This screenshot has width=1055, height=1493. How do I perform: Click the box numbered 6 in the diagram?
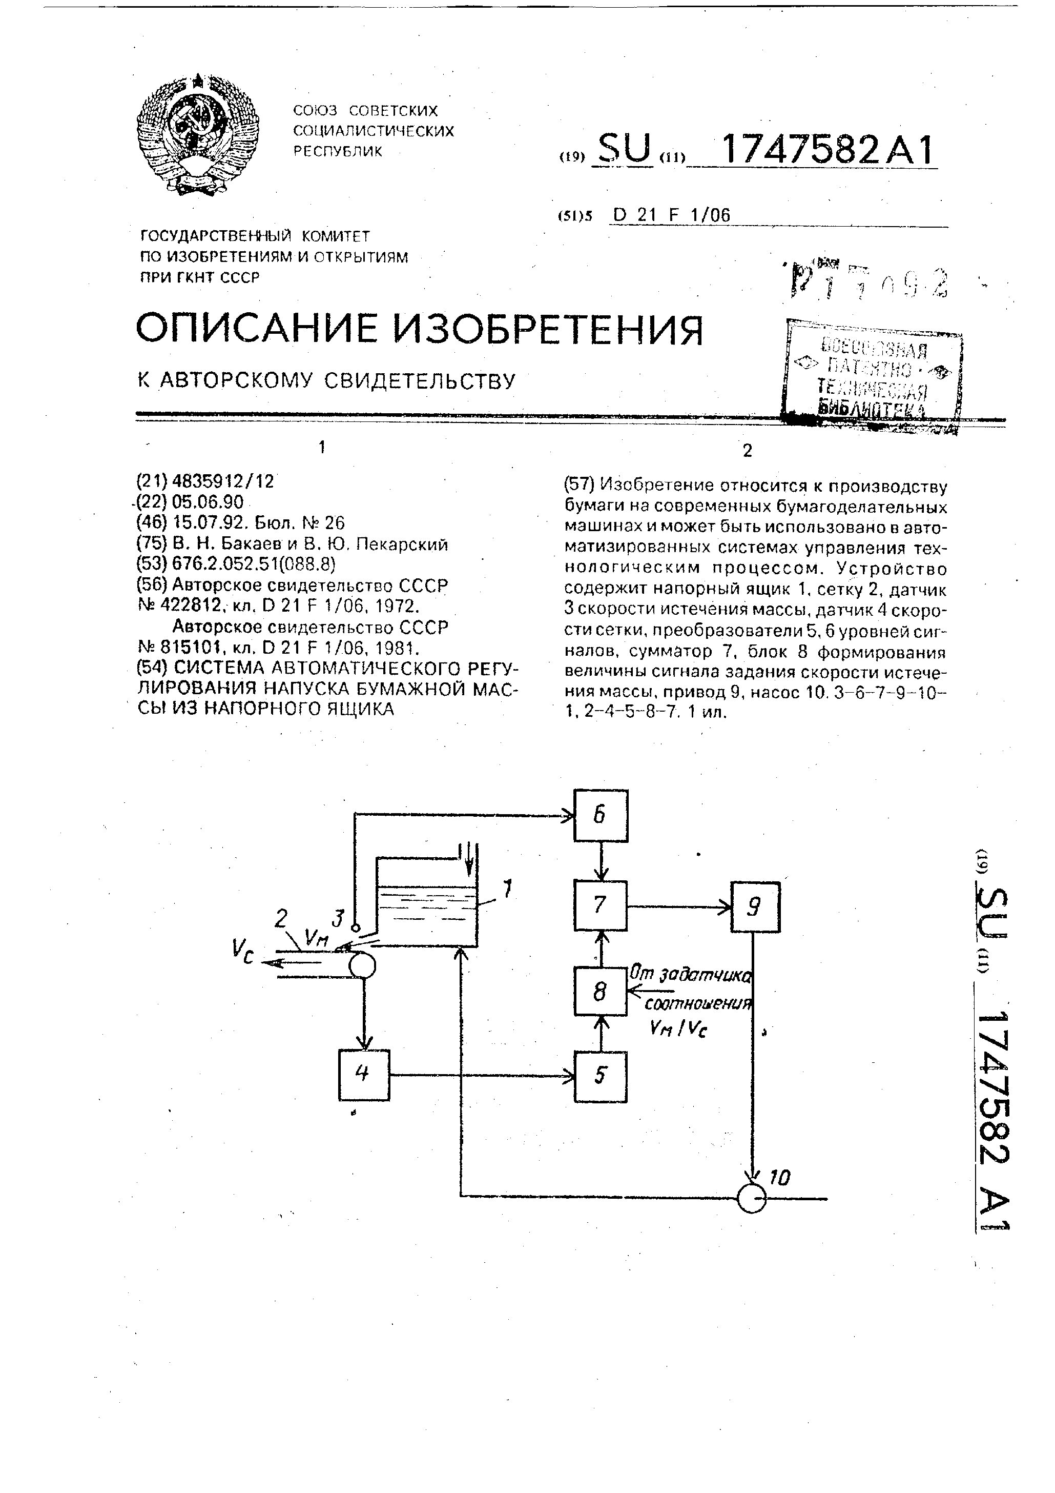[601, 815]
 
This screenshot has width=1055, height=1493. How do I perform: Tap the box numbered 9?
[755, 907]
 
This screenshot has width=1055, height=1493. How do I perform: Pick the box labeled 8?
[601, 991]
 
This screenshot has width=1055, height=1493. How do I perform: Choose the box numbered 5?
[601, 1076]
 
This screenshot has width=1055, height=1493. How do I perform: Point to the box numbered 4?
[364, 1075]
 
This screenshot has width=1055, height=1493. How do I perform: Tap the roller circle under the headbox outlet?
[363, 965]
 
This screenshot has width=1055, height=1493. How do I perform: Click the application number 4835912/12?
[223, 482]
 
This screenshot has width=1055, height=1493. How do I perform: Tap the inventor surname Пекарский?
[403, 544]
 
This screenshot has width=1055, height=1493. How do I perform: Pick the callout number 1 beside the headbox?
[508, 887]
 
